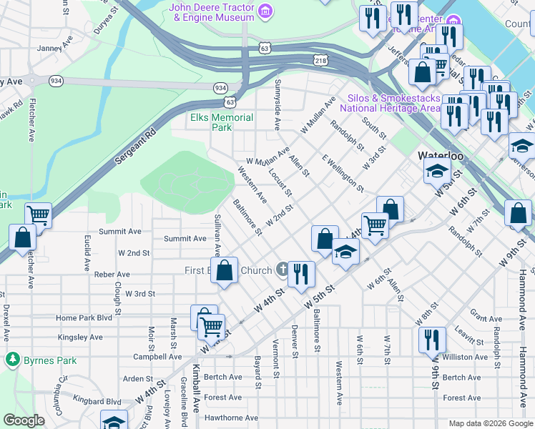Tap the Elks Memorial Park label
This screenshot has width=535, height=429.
pyautogui.click(x=222, y=122)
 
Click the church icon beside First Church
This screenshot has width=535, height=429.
pyautogui.click(x=283, y=270)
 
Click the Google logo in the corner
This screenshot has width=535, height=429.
pyautogui.click(x=24, y=420)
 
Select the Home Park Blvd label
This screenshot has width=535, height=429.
pyautogui.click(x=84, y=318)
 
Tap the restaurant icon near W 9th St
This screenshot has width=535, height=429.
pyautogui.click(x=432, y=339)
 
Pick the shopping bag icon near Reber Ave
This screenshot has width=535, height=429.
pyautogui.click(x=225, y=271)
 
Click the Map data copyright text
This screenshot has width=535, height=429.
pyautogui.click(x=489, y=423)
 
